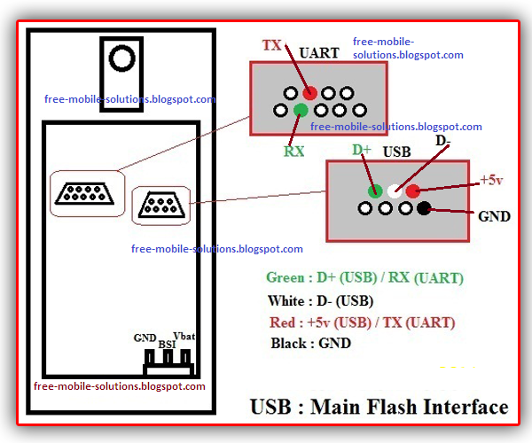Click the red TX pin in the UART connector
click(309, 93)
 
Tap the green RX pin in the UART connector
click(301, 110)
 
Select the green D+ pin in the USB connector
click(375, 190)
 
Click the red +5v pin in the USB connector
click(413, 190)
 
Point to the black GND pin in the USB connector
click(425, 209)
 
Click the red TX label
click(273, 45)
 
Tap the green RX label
click(294, 151)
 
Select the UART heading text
click(319, 53)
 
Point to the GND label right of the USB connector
click(494, 215)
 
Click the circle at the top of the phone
click(120, 59)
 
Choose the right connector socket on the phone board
click(160, 206)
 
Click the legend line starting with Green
click(364, 278)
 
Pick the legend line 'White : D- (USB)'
click(320, 300)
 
